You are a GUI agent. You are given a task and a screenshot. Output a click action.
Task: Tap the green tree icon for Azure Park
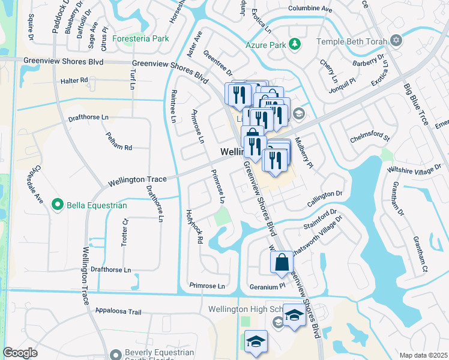click(295, 44)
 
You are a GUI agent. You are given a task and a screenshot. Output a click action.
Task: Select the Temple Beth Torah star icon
click(396, 41)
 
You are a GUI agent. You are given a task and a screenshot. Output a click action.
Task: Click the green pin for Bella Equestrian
click(58, 205)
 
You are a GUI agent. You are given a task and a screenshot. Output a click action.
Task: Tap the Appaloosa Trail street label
click(118, 311)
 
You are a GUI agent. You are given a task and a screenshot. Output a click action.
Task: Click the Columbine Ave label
click(310, 9)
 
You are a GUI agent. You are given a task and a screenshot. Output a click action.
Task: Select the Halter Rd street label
click(74, 80)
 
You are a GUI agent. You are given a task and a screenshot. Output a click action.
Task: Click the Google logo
click(20, 353)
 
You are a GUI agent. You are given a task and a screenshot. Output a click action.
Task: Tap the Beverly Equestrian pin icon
click(116, 356)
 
